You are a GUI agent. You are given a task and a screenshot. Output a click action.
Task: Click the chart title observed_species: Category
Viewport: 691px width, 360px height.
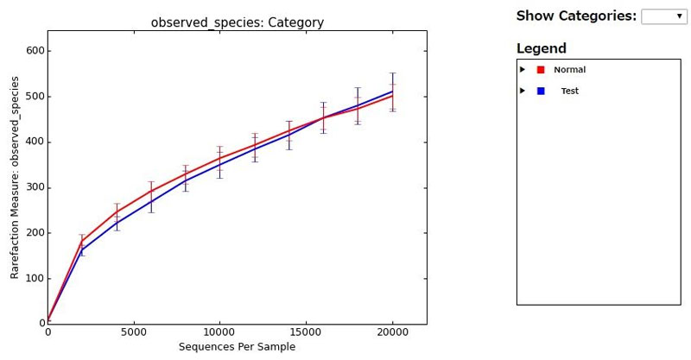[237, 22]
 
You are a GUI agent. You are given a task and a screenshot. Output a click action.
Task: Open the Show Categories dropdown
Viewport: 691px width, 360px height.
[662, 16]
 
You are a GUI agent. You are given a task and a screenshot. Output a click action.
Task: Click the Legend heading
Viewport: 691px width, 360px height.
[541, 48]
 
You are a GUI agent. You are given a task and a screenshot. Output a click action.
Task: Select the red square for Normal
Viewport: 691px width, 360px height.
[541, 70]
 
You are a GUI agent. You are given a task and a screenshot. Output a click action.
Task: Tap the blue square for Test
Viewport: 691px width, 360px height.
[541, 91]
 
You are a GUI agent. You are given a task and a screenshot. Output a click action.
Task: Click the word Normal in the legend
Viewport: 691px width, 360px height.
[569, 70]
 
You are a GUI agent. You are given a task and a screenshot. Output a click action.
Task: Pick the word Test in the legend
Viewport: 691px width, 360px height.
[569, 91]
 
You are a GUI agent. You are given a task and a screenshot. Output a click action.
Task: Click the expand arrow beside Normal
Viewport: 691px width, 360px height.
[523, 69]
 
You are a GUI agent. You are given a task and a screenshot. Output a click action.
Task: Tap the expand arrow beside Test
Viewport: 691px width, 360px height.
[523, 90]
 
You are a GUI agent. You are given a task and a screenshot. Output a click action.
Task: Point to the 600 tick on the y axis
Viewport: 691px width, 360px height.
[34, 51]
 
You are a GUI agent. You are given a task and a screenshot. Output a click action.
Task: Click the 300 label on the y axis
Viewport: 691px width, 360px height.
[34, 187]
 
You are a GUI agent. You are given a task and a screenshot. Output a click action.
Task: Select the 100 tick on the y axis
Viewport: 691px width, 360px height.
[34, 278]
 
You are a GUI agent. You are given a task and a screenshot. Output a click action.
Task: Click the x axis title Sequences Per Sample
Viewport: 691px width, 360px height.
[237, 347]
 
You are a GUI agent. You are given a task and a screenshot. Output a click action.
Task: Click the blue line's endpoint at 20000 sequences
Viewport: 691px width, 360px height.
[392, 92]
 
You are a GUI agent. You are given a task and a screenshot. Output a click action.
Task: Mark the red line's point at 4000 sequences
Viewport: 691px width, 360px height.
[117, 212]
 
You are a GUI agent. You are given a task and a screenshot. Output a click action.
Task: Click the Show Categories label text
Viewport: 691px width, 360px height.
[576, 16]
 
